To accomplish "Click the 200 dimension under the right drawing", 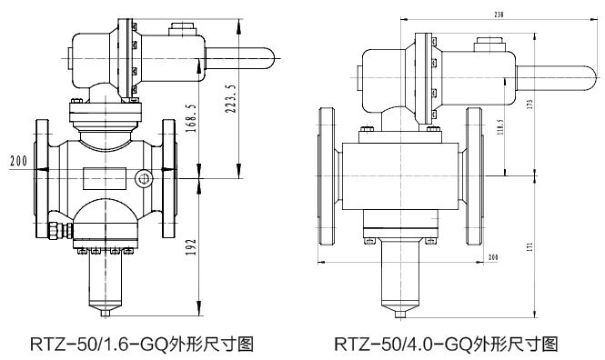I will tap(492, 258).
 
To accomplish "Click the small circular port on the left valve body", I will tap(142, 176).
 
